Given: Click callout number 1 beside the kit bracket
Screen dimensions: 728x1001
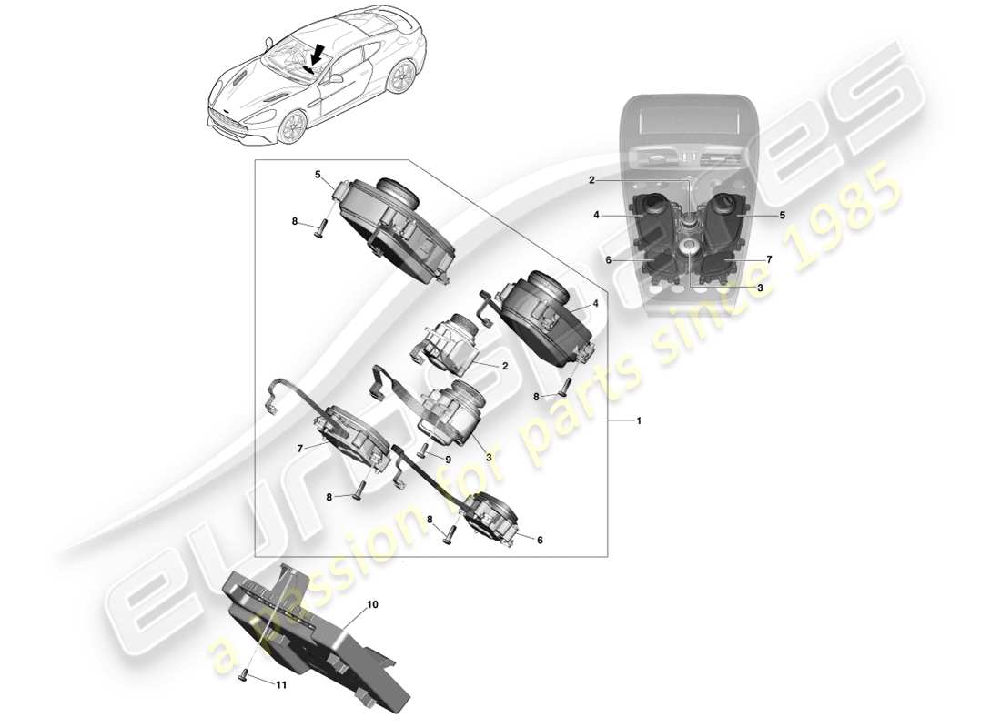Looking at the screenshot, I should (639, 421).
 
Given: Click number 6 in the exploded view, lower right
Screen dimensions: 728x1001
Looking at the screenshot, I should (540, 540).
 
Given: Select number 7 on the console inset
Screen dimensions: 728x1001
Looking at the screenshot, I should (769, 259).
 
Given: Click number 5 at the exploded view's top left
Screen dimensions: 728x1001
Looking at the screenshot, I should (318, 174).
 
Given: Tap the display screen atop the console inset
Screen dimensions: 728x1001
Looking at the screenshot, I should (689, 121).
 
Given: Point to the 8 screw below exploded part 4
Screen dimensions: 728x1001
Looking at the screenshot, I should (562, 387).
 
